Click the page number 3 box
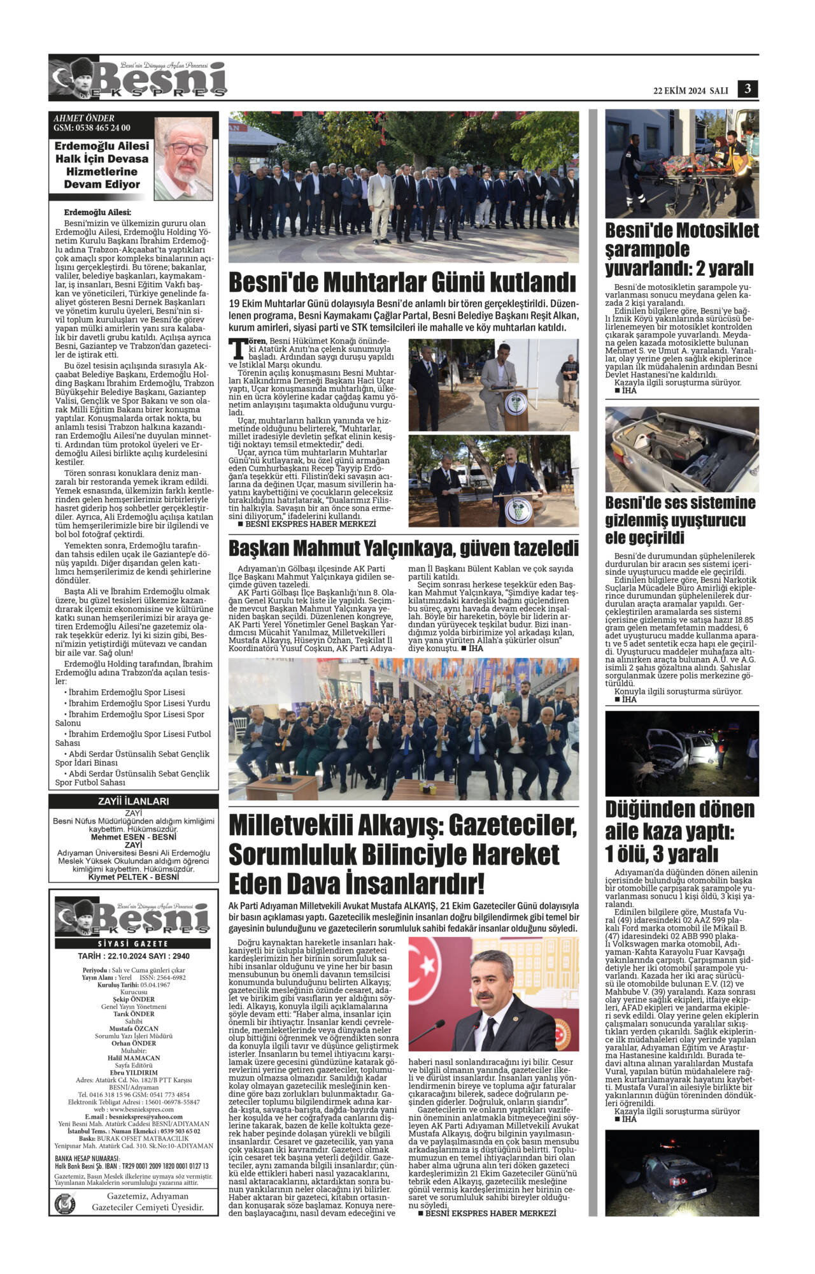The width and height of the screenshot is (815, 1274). (748, 89)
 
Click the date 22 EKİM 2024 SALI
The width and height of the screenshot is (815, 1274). (690, 90)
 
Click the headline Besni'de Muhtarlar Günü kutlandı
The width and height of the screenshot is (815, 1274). (402, 282)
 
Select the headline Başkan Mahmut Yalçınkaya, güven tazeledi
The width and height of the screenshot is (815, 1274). (404, 548)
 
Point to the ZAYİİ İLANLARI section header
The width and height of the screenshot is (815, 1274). (133, 801)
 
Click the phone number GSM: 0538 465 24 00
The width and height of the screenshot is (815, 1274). (92, 127)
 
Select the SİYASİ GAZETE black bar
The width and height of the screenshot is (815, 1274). (133, 943)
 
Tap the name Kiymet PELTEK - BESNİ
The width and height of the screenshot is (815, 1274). (133, 877)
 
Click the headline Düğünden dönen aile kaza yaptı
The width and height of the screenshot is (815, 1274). (679, 831)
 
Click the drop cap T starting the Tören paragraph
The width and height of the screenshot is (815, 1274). (237, 349)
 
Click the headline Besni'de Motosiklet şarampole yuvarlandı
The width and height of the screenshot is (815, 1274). (681, 249)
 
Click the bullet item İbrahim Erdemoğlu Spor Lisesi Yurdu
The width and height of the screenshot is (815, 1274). (138, 703)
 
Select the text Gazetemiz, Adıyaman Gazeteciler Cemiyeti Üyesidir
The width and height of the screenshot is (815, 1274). (148, 1201)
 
